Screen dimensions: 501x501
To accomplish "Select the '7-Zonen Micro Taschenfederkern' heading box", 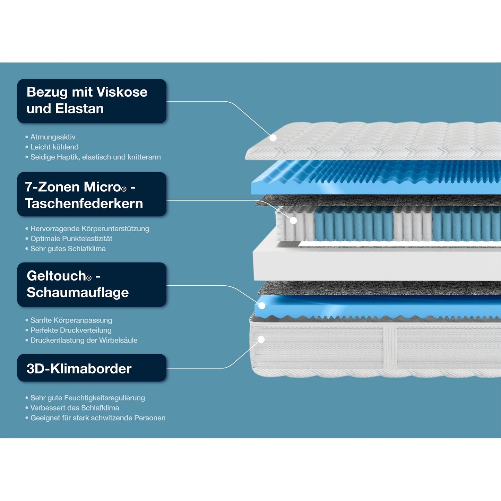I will tap(92, 195).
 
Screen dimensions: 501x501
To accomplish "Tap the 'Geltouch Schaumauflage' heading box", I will tap(92, 284).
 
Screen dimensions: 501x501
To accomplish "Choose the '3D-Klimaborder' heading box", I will tap(92, 368).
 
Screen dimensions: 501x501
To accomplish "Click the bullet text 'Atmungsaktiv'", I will tap(53, 137).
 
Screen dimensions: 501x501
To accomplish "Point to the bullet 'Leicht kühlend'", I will tap(54, 147).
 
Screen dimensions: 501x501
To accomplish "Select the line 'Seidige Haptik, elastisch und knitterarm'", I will tap(95, 157).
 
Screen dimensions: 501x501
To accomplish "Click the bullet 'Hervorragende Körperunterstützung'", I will tap(90, 228).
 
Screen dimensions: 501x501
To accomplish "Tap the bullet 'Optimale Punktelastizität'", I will tap(71, 239).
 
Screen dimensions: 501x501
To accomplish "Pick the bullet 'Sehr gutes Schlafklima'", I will tap(68, 249).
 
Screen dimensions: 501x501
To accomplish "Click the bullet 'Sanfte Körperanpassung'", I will tap(71, 320).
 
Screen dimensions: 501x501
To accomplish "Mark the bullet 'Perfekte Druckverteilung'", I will tap(71, 330).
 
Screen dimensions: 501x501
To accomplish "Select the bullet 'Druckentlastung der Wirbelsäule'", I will tap(84, 340).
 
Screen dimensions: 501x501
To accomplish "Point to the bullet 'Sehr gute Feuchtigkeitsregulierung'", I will tap(88, 398).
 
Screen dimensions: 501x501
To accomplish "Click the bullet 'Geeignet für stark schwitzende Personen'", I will tap(98, 418).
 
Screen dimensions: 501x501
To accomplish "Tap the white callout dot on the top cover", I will tap(273, 138).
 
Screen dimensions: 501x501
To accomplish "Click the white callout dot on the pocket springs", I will tap(293, 220).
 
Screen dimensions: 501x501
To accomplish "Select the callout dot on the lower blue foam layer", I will tap(262, 305).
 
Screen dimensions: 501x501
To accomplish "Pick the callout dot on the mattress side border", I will tap(261, 339).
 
